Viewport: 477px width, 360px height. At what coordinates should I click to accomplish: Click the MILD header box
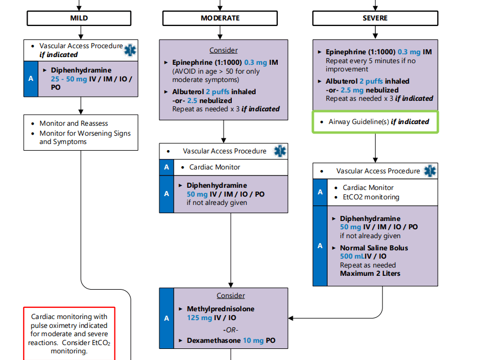coord(79,18)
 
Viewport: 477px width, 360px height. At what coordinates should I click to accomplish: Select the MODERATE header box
coord(220,18)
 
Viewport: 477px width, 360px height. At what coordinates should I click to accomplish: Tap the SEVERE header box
coord(375,18)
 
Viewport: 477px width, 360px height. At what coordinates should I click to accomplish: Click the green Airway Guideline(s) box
coord(375,122)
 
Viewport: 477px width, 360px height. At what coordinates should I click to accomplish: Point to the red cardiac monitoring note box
coord(69,333)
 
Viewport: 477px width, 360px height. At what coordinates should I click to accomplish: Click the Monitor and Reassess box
coord(81,132)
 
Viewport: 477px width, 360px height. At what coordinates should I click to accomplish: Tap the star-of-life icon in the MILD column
coord(130,50)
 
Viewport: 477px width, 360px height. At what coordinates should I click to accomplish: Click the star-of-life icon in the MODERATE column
coord(280,151)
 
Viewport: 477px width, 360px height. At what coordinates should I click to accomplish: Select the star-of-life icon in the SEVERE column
coord(430,171)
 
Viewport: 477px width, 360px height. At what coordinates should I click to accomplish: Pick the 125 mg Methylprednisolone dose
coord(200,318)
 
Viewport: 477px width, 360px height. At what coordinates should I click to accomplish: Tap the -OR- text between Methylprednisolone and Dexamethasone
coord(231,330)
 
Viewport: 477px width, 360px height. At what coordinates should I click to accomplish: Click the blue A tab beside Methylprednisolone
coord(167,318)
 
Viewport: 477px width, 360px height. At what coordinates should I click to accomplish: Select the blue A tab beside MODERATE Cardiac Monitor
coord(167,167)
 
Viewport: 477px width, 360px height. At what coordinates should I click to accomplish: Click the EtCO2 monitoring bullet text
coord(371,197)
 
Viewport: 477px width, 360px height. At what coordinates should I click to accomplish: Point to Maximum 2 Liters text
coord(370,274)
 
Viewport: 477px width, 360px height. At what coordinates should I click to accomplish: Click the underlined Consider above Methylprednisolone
coord(231,295)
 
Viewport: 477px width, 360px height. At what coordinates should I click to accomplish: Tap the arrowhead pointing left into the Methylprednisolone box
coord(291,318)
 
